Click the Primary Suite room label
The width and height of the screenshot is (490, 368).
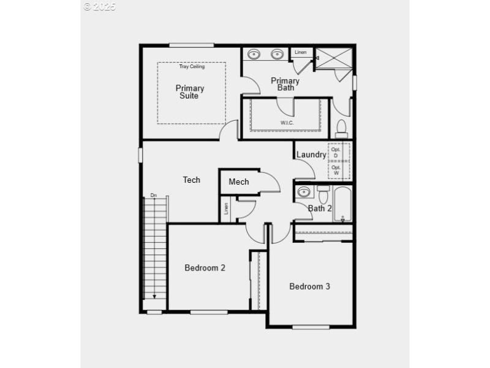point(190,91)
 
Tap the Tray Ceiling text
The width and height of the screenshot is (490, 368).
point(192,66)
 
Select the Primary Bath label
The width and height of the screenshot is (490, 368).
point(285,84)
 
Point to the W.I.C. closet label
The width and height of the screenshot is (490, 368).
point(287,123)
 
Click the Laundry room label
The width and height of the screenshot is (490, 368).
point(311,155)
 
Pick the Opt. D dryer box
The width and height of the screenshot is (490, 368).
point(336,152)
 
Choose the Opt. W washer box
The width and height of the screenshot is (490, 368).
point(336,170)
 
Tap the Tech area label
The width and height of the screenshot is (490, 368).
point(191,180)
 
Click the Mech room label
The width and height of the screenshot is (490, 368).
point(239,182)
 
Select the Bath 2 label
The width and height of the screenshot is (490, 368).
point(320,209)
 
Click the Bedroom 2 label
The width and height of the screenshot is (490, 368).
point(205,267)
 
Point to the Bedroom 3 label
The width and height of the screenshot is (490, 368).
point(310,286)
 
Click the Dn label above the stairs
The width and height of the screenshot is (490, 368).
point(154,196)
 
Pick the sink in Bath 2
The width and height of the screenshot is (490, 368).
point(304,193)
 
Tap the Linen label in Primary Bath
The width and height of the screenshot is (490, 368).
point(300,52)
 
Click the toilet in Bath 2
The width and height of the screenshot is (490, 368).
point(323,194)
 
